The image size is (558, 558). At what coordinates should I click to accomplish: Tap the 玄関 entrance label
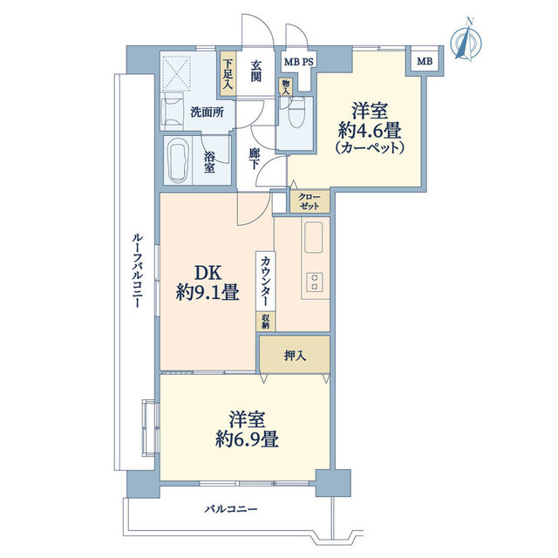pyautogui.click(x=257, y=70)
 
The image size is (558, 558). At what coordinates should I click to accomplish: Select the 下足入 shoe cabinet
pyautogui.click(x=228, y=70)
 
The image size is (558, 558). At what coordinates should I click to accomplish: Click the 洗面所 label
pyautogui.click(x=207, y=112)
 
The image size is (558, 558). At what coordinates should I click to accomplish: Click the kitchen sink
pyautogui.click(x=314, y=236)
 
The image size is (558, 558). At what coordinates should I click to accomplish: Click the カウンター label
pyautogui.click(x=264, y=278)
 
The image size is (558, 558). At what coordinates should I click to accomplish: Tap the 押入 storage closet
pyautogui.click(x=294, y=355)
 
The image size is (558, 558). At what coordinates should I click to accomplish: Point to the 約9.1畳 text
pyautogui.click(x=208, y=293)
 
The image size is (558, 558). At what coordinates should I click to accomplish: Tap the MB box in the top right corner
pyautogui.click(x=423, y=61)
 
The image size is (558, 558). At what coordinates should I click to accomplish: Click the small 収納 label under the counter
pyautogui.click(x=265, y=320)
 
